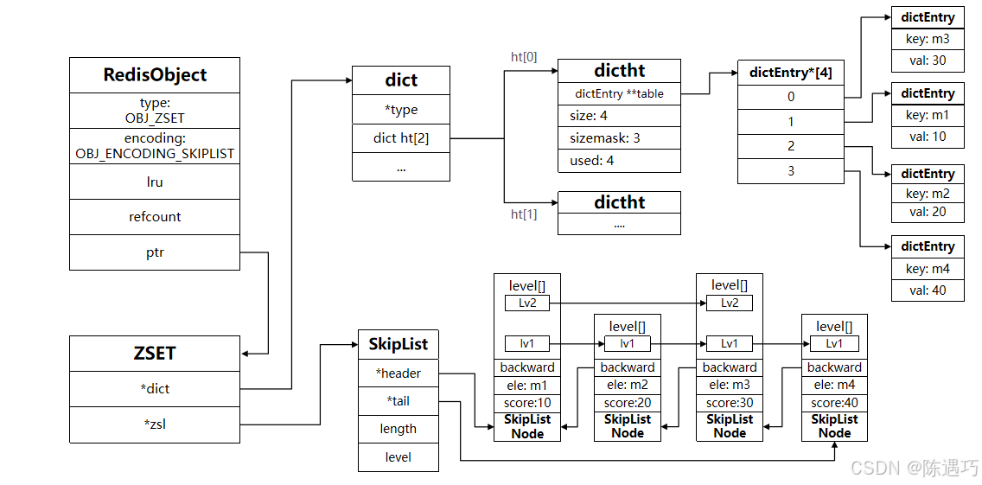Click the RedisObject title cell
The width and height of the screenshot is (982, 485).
coord(155,75)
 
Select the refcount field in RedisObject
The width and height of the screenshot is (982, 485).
coord(155,217)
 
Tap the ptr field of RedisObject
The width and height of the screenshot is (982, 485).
coord(155,252)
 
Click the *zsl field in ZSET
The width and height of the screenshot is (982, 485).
coord(155,424)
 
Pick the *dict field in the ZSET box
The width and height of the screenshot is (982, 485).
coord(155,389)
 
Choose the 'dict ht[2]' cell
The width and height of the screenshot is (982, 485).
coord(401,137)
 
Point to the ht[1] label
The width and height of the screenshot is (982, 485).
coord(524,214)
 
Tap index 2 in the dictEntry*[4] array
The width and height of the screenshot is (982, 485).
coord(791,146)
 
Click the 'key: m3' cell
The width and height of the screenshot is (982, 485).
coord(928,40)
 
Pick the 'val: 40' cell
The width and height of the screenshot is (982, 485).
coord(928,290)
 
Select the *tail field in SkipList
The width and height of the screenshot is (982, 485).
coord(398,400)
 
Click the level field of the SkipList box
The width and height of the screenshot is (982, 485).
coord(398,456)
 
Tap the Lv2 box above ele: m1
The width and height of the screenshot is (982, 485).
coord(527,303)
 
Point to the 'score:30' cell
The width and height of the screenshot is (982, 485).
coord(730,403)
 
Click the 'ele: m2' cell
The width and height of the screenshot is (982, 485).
coord(628,386)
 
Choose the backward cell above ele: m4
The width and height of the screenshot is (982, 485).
coord(834,367)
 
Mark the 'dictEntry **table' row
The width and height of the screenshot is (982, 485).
coord(619,93)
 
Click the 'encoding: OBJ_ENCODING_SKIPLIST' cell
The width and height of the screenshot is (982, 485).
coord(155,146)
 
